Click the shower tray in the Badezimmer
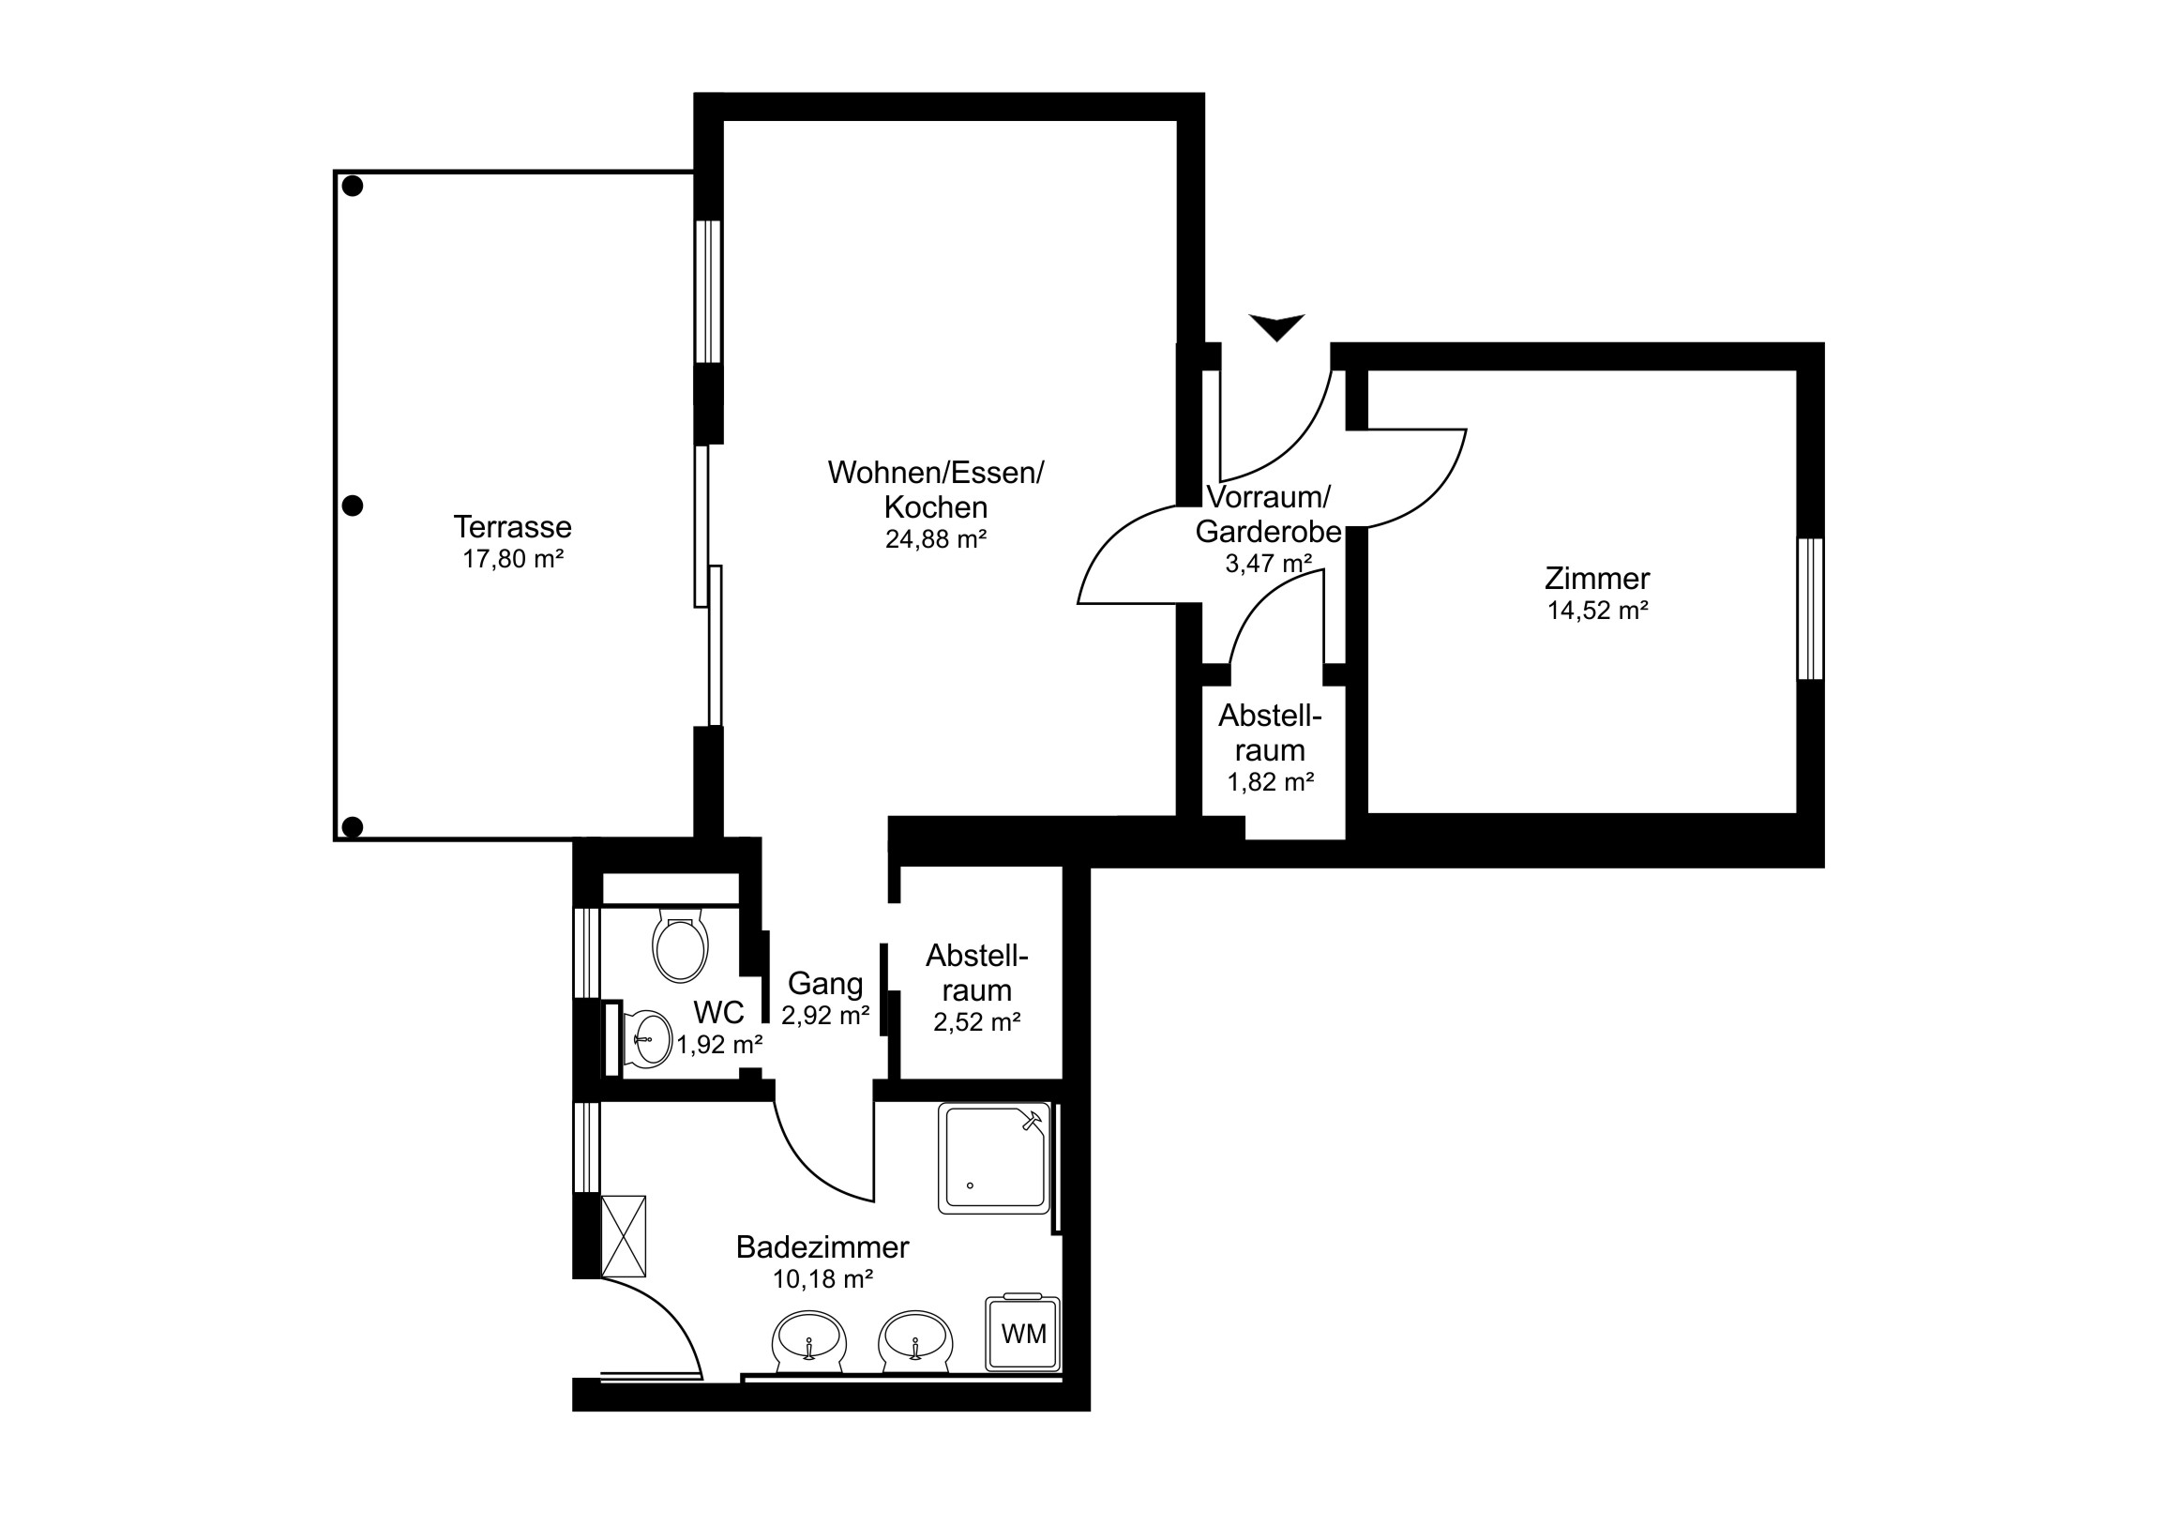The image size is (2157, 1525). (x=993, y=1158)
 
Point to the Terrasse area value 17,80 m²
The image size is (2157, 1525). (x=513, y=559)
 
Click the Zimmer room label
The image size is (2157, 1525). (x=1597, y=578)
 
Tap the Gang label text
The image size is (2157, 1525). (x=825, y=984)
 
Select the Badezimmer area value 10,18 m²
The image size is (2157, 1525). (x=823, y=1279)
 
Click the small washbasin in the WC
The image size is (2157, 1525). (x=646, y=1039)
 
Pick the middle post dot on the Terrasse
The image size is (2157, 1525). (x=353, y=506)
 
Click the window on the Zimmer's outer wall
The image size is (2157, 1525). (x=1810, y=608)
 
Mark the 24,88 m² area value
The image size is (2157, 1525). (x=936, y=539)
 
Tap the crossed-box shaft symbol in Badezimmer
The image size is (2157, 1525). (x=623, y=1236)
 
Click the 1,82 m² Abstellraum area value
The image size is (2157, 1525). (x=1270, y=782)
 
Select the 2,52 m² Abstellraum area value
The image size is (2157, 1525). (x=977, y=1021)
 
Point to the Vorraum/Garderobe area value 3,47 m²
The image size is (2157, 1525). (x=1268, y=564)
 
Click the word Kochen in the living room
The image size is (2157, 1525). (x=936, y=507)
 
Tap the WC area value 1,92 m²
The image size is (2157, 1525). (x=719, y=1044)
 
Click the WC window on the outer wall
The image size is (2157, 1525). (x=586, y=953)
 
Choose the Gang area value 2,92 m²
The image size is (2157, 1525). (x=826, y=1015)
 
